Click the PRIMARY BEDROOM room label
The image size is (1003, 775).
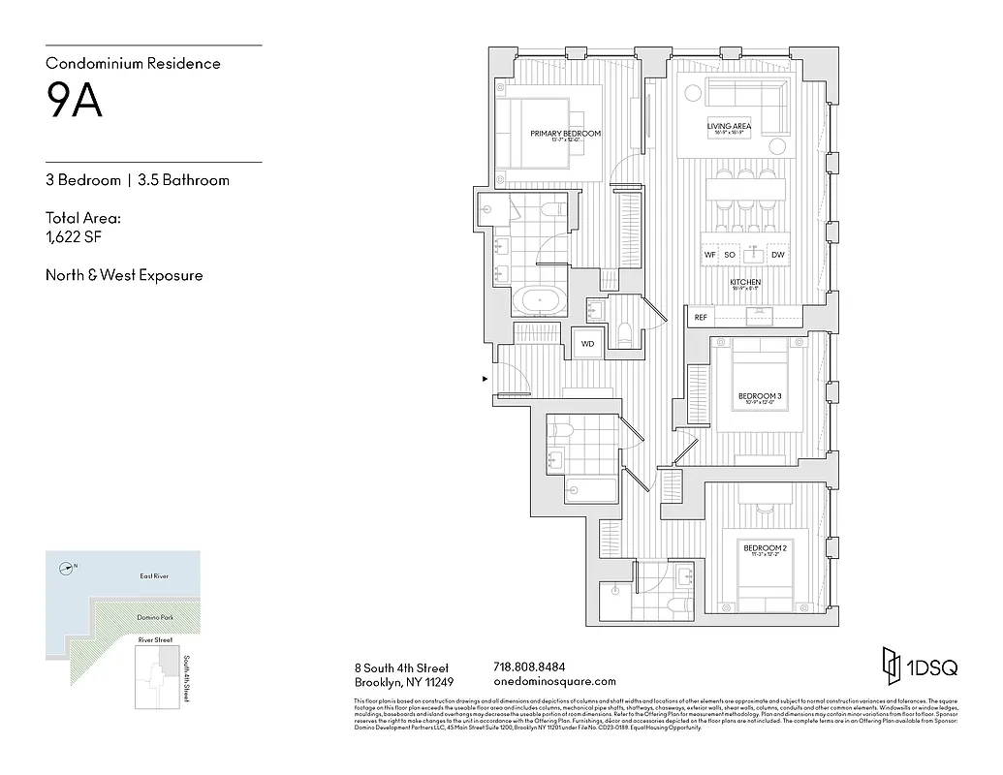(565, 134)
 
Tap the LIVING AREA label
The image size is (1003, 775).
(730, 127)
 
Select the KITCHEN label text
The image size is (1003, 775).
(745, 282)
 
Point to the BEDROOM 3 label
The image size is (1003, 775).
(760, 396)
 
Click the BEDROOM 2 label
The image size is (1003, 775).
(765, 548)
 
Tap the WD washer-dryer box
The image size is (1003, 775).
(587, 344)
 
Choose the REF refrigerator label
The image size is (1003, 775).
(701, 317)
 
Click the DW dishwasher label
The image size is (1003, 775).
(777, 255)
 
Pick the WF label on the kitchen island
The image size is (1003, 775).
(710, 255)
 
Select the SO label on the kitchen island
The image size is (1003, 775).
(730, 255)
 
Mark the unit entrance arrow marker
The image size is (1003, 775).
(486, 379)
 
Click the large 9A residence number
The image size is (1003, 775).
(75, 101)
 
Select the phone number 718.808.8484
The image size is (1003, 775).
(529, 666)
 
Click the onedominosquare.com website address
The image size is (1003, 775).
(554, 681)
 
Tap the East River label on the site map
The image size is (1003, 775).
(154, 576)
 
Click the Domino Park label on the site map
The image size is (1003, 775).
(153, 617)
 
